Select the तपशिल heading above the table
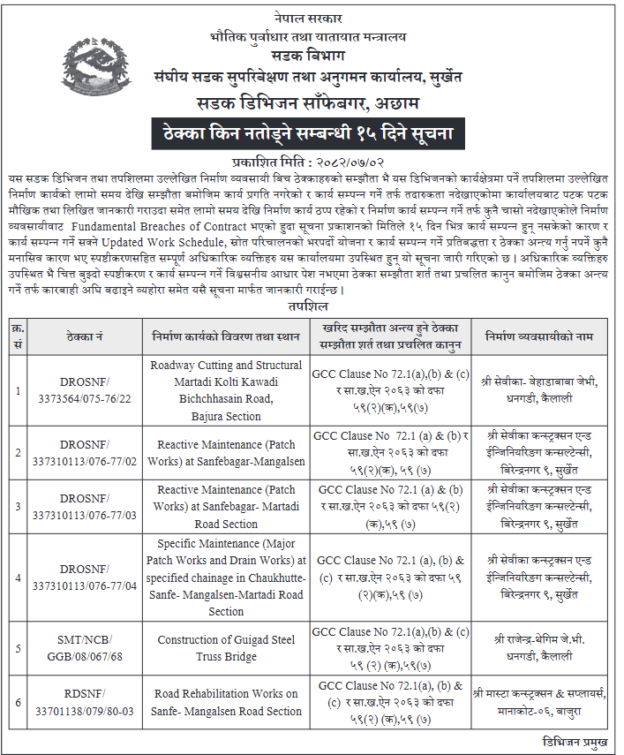[x=309, y=306]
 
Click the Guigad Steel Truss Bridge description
[x=226, y=648]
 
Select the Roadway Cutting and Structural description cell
[x=226, y=390]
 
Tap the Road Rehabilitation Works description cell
[x=226, y=702]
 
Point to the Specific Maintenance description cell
[x=226, y=578]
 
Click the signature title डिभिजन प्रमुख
[x=574, y=743]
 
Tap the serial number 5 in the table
[x=18, y=648]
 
